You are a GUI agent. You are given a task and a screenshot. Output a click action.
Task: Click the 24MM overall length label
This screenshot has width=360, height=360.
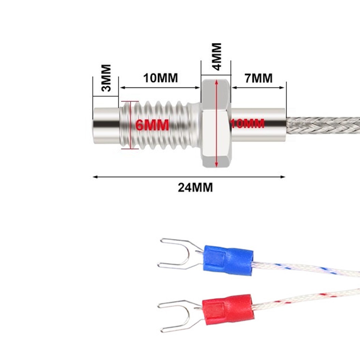[195, 187]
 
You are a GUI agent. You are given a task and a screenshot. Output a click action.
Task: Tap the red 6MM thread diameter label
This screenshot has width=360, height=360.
[152, 125]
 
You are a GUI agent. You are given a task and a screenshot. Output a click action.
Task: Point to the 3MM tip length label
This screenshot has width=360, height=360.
[106, 78]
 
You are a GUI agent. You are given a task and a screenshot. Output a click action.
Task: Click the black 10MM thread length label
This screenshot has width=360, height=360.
[160, 78]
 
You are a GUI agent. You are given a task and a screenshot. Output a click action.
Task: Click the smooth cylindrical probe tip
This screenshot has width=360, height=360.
[106, 125]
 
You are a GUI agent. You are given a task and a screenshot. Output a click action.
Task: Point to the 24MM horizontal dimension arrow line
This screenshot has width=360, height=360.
[143, 177]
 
